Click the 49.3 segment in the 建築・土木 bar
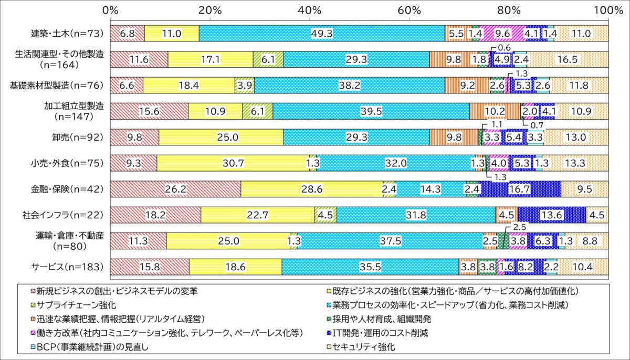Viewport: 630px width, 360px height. point(322,34)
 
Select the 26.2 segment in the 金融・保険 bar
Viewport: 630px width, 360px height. point(175,189)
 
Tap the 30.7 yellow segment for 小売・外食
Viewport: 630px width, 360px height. point(233,163)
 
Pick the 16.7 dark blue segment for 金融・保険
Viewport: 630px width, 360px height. point(519,189)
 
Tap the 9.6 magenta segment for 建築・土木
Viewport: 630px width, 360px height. point(502,34)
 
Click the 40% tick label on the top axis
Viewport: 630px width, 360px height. point(309,9)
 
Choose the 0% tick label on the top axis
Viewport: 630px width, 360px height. point(111,9)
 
